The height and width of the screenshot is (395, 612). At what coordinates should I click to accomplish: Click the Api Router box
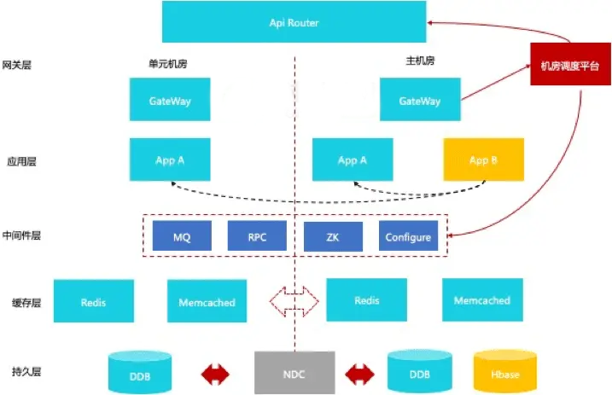click(294, 23)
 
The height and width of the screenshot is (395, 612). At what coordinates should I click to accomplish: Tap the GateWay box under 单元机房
click(170, 101)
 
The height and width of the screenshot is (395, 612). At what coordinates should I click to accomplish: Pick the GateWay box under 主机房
click(420, 101)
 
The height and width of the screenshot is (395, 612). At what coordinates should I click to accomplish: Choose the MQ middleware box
click(182, 237)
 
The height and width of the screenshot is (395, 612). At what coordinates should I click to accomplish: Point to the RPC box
click(257, 237)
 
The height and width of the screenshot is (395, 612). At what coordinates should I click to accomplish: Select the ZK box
click(333, 237)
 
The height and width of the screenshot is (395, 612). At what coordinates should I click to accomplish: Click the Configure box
click(408, 237)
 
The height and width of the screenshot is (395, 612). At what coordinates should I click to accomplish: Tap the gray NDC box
click(294, 373)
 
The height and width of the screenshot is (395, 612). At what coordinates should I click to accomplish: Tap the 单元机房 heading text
click(167, 62)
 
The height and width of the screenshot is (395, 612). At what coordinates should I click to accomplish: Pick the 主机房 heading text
click(420, 61)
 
